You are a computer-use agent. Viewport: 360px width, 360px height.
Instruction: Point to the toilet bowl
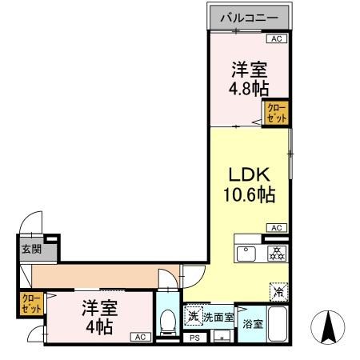tap(167, 323)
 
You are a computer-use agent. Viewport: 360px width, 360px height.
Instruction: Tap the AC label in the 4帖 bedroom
tap(139, 337)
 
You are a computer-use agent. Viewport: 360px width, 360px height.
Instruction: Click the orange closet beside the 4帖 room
tap(32, 305)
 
